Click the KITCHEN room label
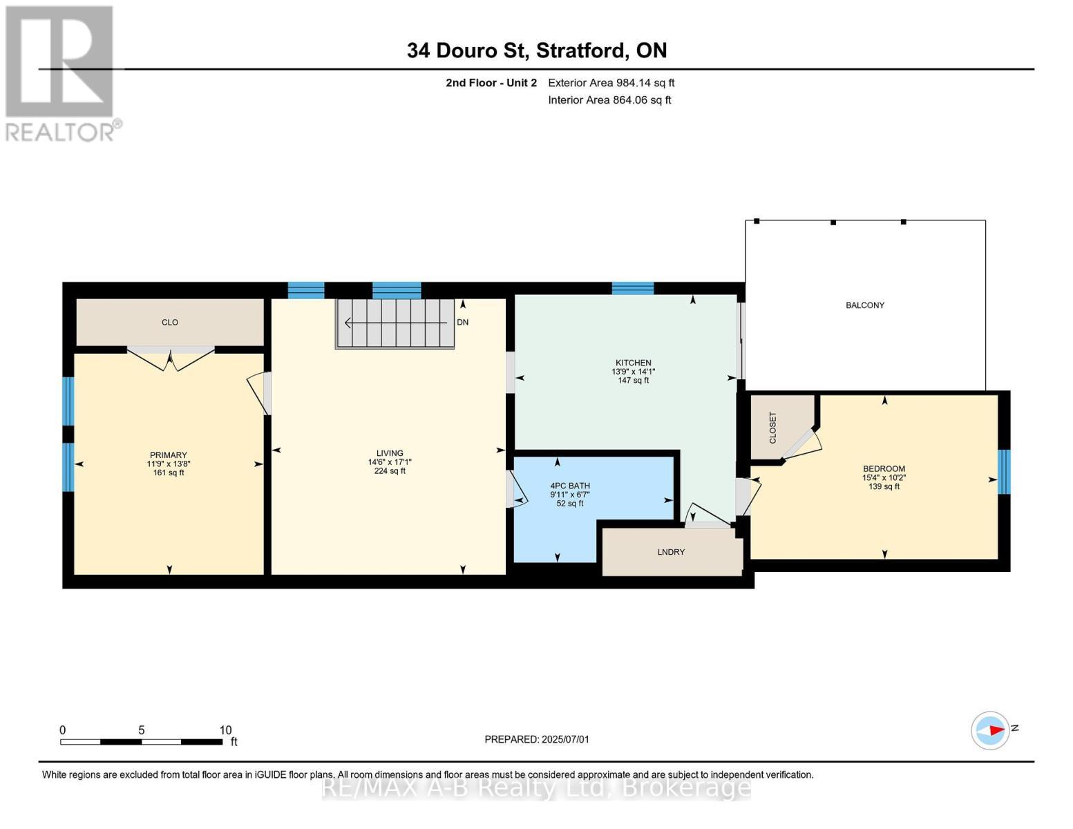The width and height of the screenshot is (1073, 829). pos(633,363)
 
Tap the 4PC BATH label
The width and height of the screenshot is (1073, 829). pos(570,486)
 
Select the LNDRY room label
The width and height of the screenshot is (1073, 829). pos(671,552)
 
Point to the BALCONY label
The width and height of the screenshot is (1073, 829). pos(865,305)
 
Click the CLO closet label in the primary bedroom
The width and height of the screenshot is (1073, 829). pos(170,323)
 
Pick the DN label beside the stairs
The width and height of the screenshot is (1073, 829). pos(463,323)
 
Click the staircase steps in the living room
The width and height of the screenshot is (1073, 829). pos(395,324)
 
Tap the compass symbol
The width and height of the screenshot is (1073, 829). pos(990,730)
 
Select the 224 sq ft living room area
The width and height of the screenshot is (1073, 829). pos(390,471)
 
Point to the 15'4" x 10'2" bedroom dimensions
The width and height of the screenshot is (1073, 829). pos(884,478)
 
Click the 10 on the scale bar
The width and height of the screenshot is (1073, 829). pos(225,730)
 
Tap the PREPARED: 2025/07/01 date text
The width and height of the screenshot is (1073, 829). pos(537,739)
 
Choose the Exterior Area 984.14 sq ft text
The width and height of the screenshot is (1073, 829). pos(611,83)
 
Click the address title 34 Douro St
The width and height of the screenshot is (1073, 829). pos(467,50)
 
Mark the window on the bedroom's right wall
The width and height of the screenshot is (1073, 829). pos(1005,472)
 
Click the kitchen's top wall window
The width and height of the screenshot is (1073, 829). pos(633,288)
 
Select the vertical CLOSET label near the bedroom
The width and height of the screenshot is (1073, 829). pos(772,428)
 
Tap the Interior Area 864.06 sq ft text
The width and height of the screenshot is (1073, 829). pos(610,100)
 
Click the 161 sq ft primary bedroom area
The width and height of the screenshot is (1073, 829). pos(169,473)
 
